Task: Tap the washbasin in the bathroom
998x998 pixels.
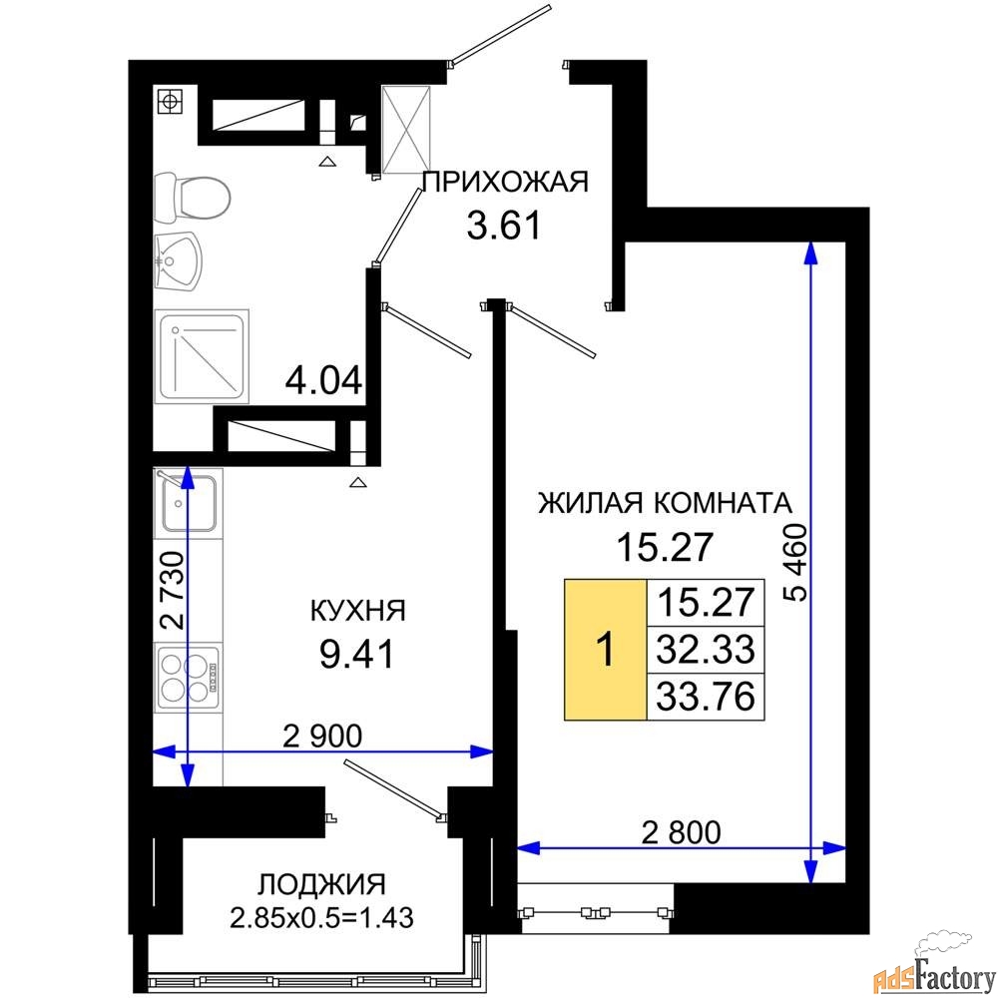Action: [178, 260]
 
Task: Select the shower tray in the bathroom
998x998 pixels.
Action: [202, 356]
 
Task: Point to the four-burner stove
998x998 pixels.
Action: [189, 677]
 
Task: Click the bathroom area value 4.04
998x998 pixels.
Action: [324, 381]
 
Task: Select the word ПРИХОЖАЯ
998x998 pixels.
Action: [505, 182]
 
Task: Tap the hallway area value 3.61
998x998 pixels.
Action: [503, 226]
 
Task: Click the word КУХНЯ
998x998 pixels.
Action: [357, 611]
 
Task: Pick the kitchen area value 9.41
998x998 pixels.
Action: [357, 655]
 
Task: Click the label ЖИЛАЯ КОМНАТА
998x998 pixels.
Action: [665, 503]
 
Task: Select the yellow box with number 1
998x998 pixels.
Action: [606, 650]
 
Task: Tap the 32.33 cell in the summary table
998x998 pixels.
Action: [706, 650]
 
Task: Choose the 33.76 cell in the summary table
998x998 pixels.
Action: [706, 697]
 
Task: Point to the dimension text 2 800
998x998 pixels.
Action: [681, 832]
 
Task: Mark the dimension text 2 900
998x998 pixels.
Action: [322, 736]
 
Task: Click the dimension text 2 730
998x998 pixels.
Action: [172, 590]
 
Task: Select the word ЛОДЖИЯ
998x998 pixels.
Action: [322, 884]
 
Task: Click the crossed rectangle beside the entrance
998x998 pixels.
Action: [406, 131]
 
